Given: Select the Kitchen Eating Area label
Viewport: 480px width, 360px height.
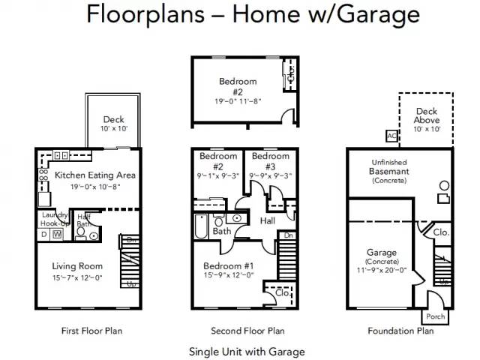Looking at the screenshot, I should pyautogui.click(x=94, y=175).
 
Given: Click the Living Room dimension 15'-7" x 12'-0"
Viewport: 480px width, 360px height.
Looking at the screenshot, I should pyautogui.click(x=76, y=278).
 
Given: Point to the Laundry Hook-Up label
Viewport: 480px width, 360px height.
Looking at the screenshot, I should pyautogui.click(x=54, y=219).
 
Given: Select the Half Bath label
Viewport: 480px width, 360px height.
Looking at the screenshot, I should pyautogui.click(x=84, y=220).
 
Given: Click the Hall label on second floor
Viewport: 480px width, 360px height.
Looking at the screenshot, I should pyautogui.click(x=268, y=220).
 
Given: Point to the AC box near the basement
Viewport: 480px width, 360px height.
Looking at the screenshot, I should pyautogui.click(x=391, y=136).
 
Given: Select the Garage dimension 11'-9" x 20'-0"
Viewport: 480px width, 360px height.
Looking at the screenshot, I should pyautogui.click(x=382, y=270).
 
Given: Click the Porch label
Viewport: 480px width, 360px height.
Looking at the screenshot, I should pyautogui.click(x=435, y=316).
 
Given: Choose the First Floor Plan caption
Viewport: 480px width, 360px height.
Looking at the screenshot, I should pyautogui.click(x=91, y=331).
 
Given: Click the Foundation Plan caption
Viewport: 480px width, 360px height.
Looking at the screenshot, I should pyautogui.click(x=400, y=331).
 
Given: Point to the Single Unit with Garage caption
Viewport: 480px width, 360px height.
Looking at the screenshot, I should pyautogui.click(x=247, y=351).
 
